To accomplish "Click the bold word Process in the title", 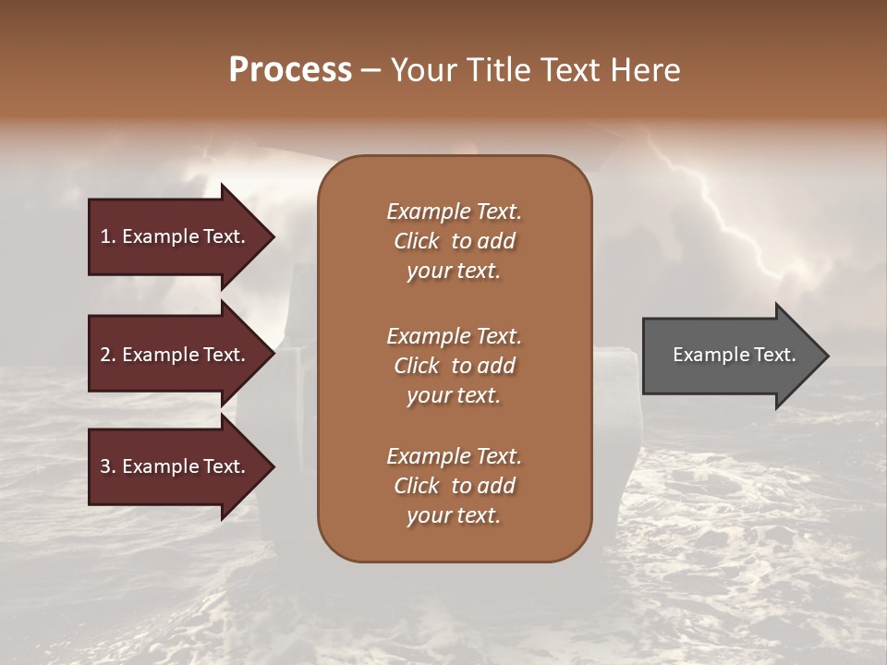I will click(x=290, y=70).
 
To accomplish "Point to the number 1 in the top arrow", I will click(x=106, y=236).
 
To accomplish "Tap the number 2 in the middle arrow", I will click(x=106, y=355).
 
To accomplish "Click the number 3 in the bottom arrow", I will click(x=106, y=466).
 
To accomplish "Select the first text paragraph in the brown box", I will click(x=454, y=241).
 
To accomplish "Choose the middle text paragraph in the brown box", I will click(x=454, y=365).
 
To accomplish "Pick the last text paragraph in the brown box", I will click(x=454, y=486).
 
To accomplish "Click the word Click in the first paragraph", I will click(x=417, y=241).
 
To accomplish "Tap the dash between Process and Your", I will click(x=371, y=71).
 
